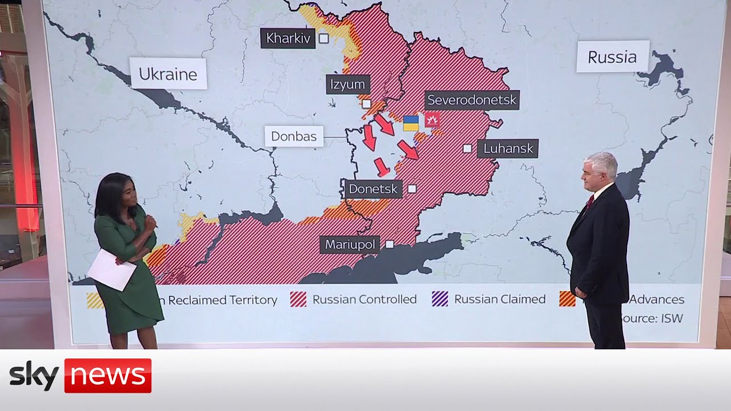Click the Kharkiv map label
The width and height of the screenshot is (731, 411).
(x=288, y=39)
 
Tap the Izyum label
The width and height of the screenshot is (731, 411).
(x=348, y=85)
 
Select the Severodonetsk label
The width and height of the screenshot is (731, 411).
(x=472, y=100)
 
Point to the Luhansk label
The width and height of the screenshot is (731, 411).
(x=508, y=148)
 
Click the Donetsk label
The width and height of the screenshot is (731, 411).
(x=373, y=188)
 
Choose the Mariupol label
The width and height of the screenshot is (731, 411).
(x=351, y=245)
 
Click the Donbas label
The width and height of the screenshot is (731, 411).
(x=294, y=136)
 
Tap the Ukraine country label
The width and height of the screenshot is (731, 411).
(x=168, y=74)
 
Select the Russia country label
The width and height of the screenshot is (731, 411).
(x=612, y=57)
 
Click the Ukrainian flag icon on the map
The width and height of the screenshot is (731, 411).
(x=411, y=123)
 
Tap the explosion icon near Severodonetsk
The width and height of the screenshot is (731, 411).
(x=432, y=120)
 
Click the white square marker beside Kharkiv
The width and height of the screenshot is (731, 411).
(x=324, y=38)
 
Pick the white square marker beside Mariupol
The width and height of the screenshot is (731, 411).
(x=389, y=244)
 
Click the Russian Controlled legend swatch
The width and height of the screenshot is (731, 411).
(x=299, y=299)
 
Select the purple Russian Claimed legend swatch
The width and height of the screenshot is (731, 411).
(x=440, y=299)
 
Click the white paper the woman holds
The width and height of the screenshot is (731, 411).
(x=111, y=269)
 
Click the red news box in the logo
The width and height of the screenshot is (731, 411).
(x=107, y=376)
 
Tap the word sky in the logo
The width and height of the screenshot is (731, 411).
(x=34, y=376)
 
